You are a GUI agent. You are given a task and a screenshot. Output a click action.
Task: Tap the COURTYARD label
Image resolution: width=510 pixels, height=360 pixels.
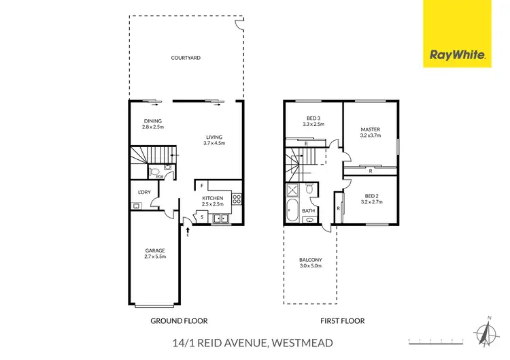(185, 59)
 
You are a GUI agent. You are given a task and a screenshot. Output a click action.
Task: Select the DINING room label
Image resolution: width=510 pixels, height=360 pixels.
(152, 121)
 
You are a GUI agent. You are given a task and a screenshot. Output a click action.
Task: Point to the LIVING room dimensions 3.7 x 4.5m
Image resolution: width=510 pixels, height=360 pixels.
(214, 143)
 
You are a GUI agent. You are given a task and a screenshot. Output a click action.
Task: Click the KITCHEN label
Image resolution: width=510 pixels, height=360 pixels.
(212, 198)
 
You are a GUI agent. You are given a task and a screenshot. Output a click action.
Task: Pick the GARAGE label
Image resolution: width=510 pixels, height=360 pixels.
(155, 250)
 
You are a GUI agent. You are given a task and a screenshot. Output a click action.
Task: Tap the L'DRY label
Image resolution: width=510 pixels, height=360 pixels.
(143, 192)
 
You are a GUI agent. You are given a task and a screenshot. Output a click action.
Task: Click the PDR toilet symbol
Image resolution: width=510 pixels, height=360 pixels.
(154, 172)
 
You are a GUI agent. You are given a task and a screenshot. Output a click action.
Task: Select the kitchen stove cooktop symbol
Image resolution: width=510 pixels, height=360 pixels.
(237, 199)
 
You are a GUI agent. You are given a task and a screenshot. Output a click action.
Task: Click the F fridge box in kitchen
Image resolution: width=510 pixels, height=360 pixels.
(202, 185)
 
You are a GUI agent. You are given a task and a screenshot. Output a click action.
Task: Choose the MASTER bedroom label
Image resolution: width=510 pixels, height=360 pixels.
(370, 129)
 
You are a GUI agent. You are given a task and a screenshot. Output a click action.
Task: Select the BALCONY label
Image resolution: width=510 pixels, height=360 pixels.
(310, 261)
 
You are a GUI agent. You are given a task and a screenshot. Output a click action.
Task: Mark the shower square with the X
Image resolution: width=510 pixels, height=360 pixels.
(293, 191)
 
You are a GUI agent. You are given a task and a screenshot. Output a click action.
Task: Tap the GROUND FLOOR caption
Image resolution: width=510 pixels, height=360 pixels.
(180, 321)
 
